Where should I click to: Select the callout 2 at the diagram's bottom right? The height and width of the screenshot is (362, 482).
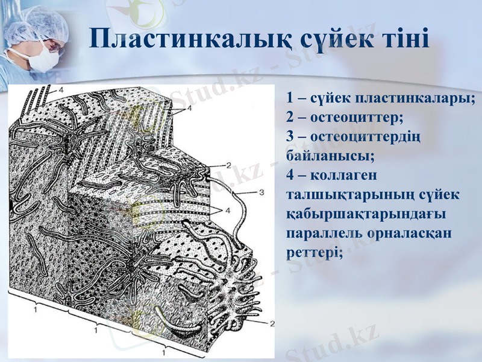click(x=272, y=323)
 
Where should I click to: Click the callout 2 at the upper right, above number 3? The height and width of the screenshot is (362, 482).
click(x=228, y=164)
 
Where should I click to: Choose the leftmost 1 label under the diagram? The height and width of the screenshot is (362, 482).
click(x=36, y=309)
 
